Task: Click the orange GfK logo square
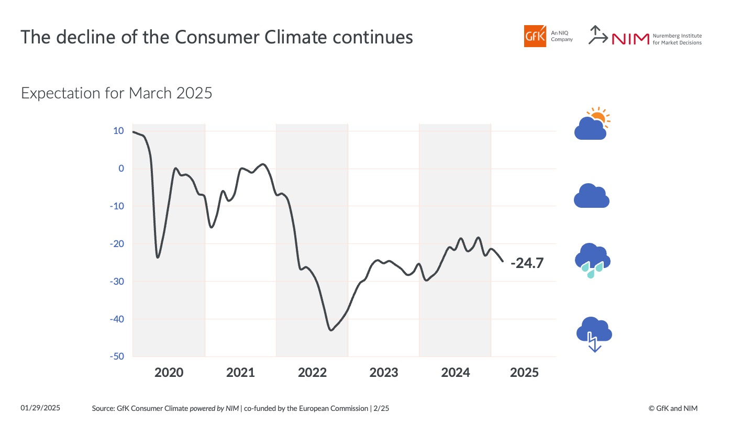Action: click(x=535, y=36)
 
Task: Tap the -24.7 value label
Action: click(x=527, y=263)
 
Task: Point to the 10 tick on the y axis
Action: click(x=118, y=131)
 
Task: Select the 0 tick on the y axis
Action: click(x=121, y=169)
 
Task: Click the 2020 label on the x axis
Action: click(x=169, y=373)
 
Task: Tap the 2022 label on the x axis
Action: click(x=312, y=373)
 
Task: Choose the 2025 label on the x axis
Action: click(x=524, y=373)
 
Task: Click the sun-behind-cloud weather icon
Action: click(x=592, y=124)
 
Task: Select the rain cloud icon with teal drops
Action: click(x=592, y=260)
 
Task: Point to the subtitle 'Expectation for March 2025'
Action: click(x=116, y=93)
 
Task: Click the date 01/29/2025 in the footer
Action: click(x=40, y=408)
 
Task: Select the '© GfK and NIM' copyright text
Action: click(x=673, y=408)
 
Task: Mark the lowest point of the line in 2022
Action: click(x=331, y=330)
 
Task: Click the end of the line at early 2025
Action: click(x=503, y=261)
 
